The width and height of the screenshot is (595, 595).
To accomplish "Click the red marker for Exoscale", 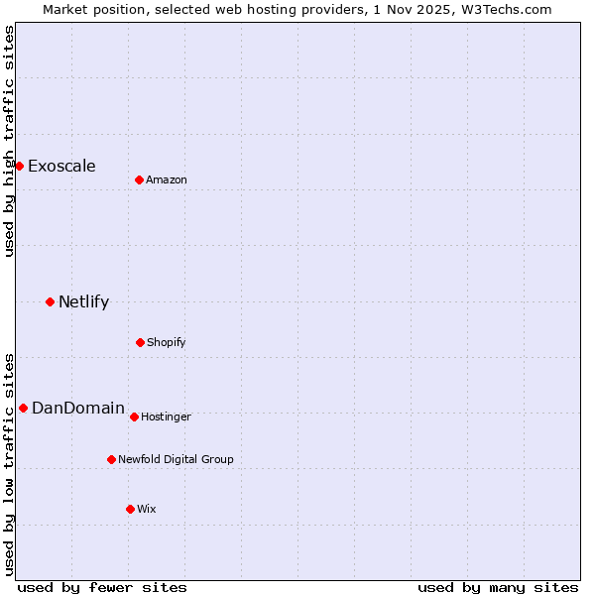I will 19,166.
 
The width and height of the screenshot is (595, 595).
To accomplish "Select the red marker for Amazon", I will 139,179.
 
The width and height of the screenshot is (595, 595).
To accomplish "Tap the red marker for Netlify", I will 50,301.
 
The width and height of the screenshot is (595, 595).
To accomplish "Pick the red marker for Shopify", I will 140,342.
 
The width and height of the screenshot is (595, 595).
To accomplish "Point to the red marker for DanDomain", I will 23,408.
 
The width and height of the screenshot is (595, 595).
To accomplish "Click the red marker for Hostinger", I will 134,416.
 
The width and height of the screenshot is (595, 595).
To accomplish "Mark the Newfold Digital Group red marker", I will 111,459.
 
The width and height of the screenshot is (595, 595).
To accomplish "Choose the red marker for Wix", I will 130,509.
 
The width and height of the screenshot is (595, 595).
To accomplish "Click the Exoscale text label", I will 61,166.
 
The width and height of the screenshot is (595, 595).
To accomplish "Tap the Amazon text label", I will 167,179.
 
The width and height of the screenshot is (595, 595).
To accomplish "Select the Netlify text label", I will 83,301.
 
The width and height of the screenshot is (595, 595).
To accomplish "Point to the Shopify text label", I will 167,342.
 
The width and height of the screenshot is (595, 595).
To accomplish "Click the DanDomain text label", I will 78,408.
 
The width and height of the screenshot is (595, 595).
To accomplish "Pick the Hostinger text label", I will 166,416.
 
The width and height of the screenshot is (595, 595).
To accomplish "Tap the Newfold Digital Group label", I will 176,459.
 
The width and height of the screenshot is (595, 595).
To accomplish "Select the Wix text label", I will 147,509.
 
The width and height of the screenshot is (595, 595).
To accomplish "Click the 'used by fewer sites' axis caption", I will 102,588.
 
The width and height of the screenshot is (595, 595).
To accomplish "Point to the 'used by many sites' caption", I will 498,588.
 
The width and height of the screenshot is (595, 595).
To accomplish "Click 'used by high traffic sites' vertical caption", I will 10,141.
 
